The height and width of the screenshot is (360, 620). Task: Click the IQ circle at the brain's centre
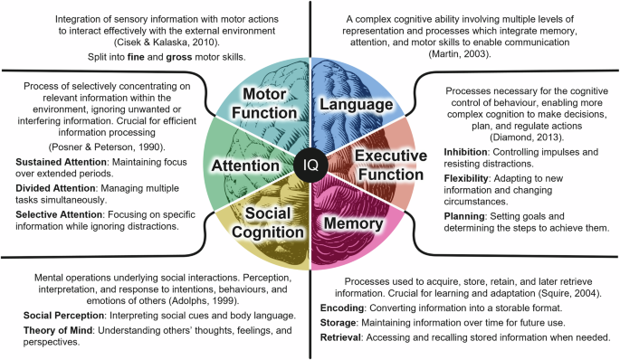click(310, 166)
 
